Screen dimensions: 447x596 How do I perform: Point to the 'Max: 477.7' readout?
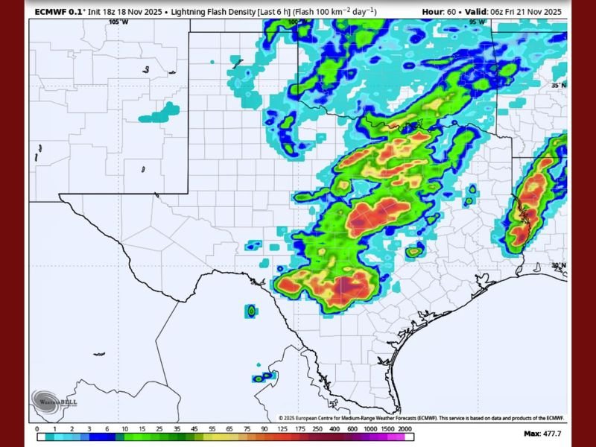[x=542, y=433]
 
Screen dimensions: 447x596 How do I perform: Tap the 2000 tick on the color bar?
[x=405, y=429]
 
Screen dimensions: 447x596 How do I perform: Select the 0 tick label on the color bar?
[x=37, y=429]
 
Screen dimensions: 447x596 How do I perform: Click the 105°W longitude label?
[x=118, y=22]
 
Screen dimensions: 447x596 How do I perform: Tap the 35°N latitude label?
[x=558, y=86]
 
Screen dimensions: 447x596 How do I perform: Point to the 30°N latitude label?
[x=558, y=265]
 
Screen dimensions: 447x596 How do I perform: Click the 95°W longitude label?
[x=478, y=22]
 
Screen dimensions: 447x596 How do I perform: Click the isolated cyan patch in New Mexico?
[x=159, y=112]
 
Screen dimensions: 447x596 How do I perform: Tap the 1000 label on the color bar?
[x=370, y=429]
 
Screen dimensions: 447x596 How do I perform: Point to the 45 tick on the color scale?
[x=193, y=429]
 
